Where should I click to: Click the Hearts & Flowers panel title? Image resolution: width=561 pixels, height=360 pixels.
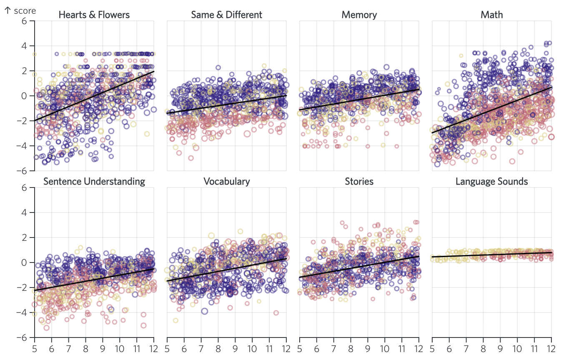[94, 15]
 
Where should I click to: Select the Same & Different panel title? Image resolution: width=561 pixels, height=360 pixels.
[226, 15]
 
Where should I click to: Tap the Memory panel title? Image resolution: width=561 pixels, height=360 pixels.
[359, 15]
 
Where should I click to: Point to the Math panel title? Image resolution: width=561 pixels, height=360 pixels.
[492, 15]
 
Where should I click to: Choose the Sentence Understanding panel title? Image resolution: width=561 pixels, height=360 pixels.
[94, 182]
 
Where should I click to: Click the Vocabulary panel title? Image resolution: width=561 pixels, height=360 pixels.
[226, 182]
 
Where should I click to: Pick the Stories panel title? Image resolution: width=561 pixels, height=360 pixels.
[359, 182]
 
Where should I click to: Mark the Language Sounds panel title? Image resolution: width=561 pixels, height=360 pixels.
[492, 182]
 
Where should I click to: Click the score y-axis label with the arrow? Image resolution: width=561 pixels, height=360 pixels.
[20, 10]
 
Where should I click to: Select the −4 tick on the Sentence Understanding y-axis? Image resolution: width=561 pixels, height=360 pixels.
[25, 312]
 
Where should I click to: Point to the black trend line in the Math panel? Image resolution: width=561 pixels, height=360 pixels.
[492, 110]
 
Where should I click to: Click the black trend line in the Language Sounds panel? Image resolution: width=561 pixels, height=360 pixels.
[492, 254]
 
